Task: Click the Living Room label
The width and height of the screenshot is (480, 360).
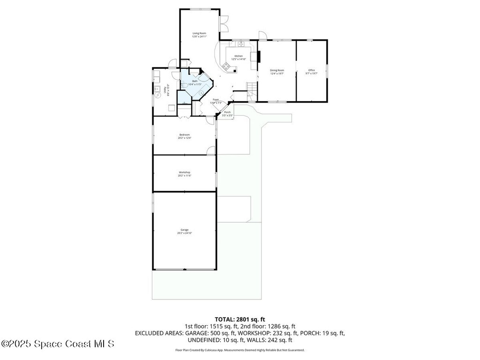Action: click(x=200, y=33)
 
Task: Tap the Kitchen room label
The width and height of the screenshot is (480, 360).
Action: click(x=239, y=56)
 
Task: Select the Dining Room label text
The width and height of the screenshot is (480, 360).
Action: click(x=277, y=70)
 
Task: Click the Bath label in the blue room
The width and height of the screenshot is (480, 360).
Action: click(x=195, y=82)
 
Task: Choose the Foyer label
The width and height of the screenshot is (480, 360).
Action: click(x=216, y=99)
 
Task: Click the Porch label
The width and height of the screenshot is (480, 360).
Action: click(x=227, y=112)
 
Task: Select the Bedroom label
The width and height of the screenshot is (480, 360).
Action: click(x=184, y=135)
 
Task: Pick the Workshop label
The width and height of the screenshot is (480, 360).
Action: click(x=184, y=172)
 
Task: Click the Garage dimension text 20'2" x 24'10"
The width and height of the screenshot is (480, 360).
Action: click(x=185, y=233)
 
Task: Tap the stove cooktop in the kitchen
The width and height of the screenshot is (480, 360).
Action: click(x=226, y=66)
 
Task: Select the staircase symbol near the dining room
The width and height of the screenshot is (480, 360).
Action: click(x=252, y=87)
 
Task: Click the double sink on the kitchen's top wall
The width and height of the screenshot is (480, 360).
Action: click(x=241, y=44)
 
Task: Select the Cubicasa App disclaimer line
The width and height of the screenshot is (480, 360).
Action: click(x=240, y=350)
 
